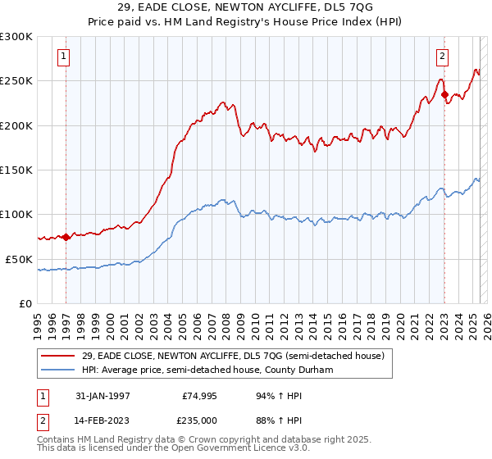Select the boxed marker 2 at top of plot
[442, 57]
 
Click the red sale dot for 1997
[66, 237]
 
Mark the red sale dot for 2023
[444, 94]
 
